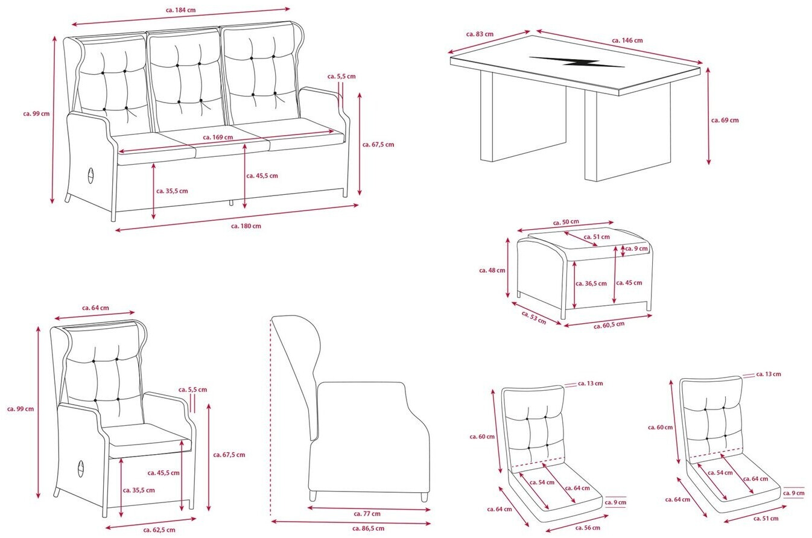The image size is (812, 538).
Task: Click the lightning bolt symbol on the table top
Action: pos(576,63)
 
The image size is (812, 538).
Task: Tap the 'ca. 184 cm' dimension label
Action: pos(180,11)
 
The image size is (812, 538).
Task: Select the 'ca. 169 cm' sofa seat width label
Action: pos(218,138)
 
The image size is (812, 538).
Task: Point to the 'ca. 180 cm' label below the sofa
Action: pos(246,226)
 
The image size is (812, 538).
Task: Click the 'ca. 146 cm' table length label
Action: pos(627,40)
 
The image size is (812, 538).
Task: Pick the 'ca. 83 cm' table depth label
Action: pos(480,34)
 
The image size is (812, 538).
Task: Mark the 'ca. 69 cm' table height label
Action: pos(725,120)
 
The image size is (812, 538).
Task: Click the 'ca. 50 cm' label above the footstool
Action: pos(566,223)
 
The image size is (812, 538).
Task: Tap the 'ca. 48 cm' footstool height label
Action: pos(492,270)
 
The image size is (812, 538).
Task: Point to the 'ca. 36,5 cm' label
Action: pos(592,283)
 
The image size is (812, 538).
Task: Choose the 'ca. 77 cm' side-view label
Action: pos(367,514)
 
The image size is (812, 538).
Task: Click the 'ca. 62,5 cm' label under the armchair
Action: pos(159,530)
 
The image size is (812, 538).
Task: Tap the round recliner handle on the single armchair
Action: pos(81,469)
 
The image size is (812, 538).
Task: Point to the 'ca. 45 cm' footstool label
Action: pos(630,283)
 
